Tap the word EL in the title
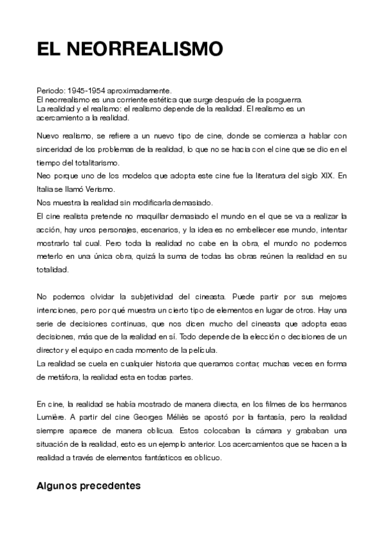[x=47, y=50]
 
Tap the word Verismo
[x=101, y=188]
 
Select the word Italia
[x=46, y=188]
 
